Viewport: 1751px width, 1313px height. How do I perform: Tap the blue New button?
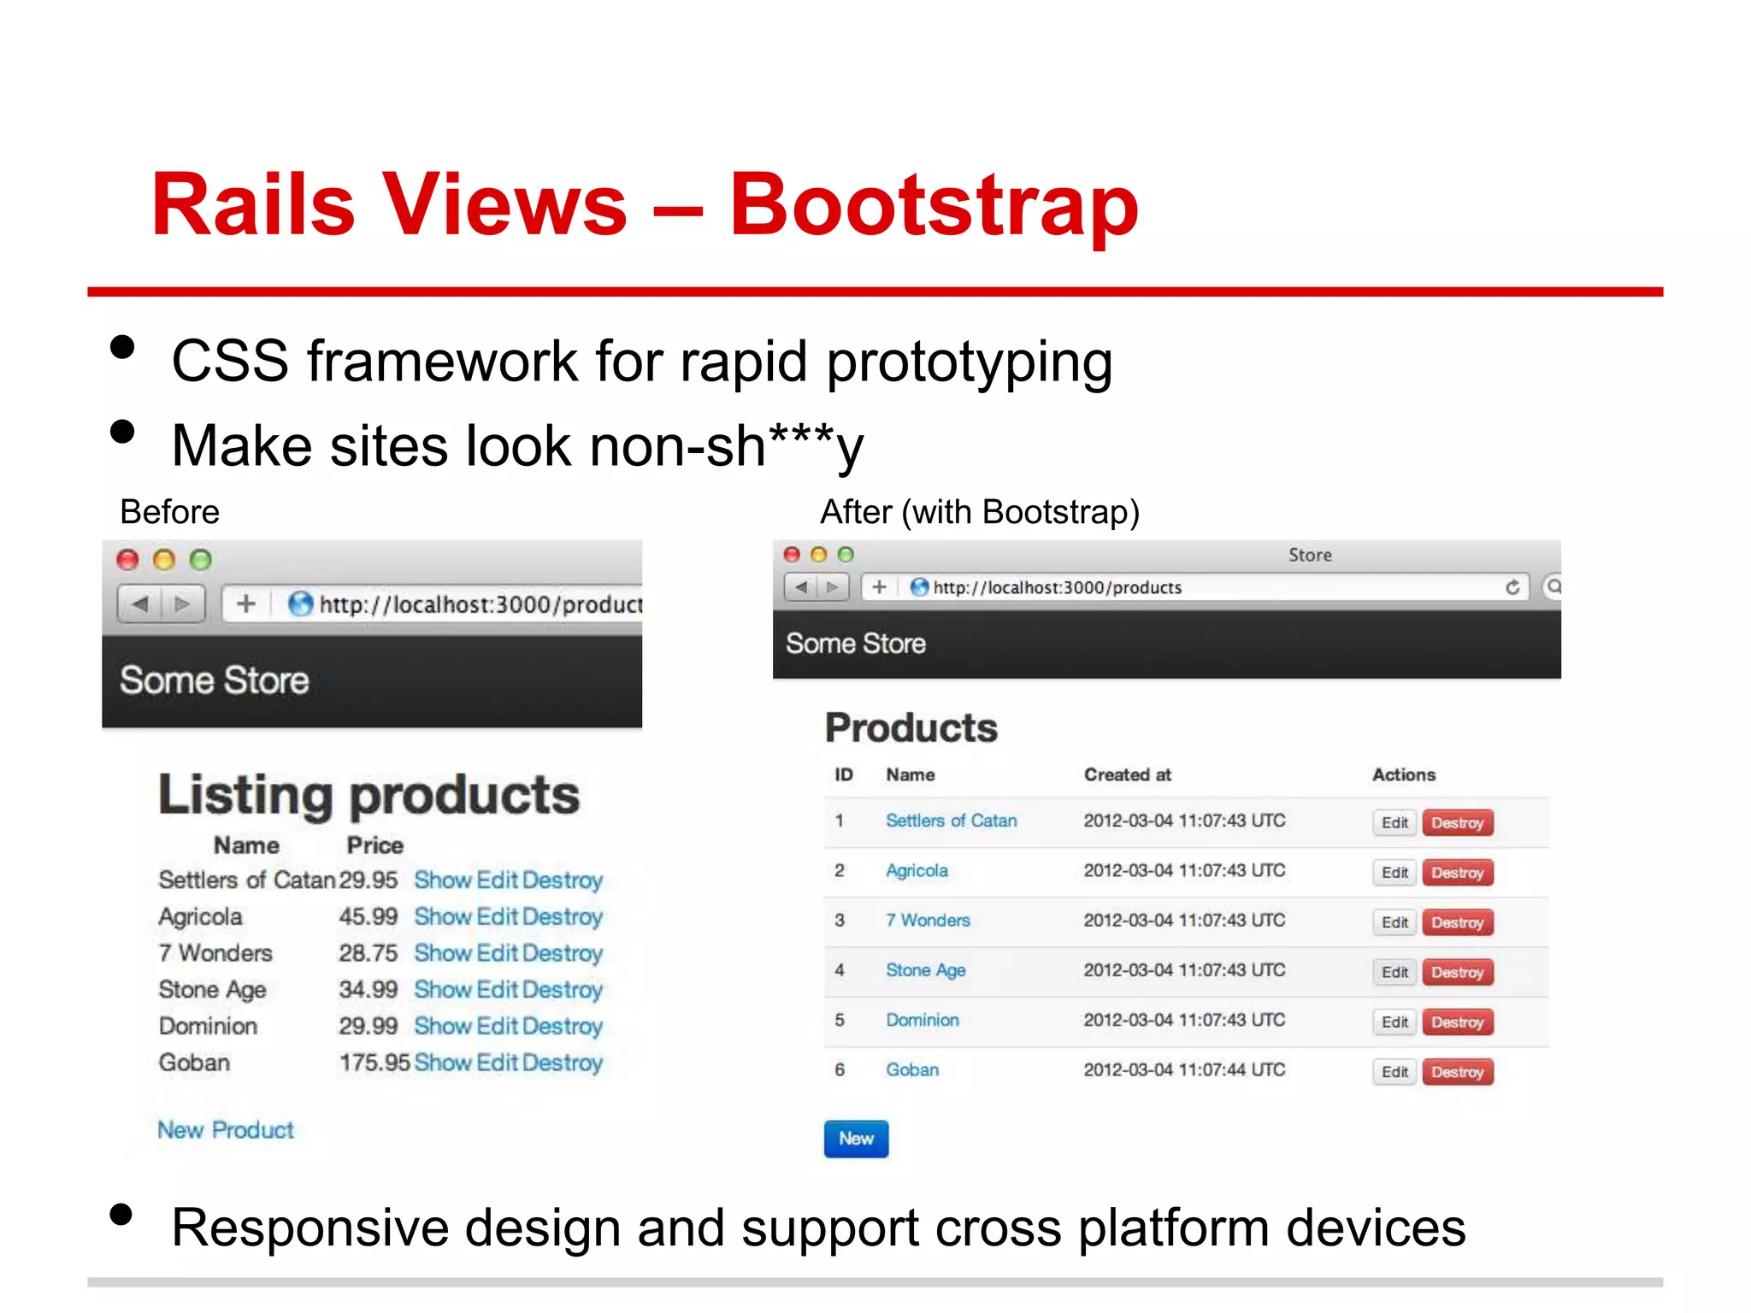[856, 1139]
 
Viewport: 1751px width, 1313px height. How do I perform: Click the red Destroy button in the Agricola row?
[1457, 873]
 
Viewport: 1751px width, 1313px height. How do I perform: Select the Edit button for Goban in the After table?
[1394, 1072]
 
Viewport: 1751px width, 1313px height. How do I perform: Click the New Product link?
[225, 1130]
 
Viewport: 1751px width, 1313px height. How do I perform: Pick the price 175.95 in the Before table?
[374, 1063]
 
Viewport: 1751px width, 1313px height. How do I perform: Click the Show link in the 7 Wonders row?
[442, 953]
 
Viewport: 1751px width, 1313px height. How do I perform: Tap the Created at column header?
[1127, 774]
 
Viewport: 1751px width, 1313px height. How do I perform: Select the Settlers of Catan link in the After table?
[951, 821]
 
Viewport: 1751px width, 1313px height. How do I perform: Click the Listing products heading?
[368, 795]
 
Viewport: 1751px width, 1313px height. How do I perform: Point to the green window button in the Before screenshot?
[200, 560]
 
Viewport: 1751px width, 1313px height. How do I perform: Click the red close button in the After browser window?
[792, 555]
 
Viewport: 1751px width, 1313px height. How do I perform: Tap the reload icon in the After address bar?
[1512, 587]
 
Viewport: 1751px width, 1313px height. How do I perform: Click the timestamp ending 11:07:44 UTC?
[1183, 1070]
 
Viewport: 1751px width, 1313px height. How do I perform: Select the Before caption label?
[169, 512]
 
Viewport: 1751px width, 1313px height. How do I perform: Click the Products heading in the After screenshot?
[911, 728]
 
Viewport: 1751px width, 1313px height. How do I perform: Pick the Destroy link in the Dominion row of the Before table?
[562, 1026]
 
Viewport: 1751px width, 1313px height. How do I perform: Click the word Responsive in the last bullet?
[310, 1228]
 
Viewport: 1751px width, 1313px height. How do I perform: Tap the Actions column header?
[1403, 774]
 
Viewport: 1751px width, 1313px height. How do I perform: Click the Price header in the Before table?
[374, 845]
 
